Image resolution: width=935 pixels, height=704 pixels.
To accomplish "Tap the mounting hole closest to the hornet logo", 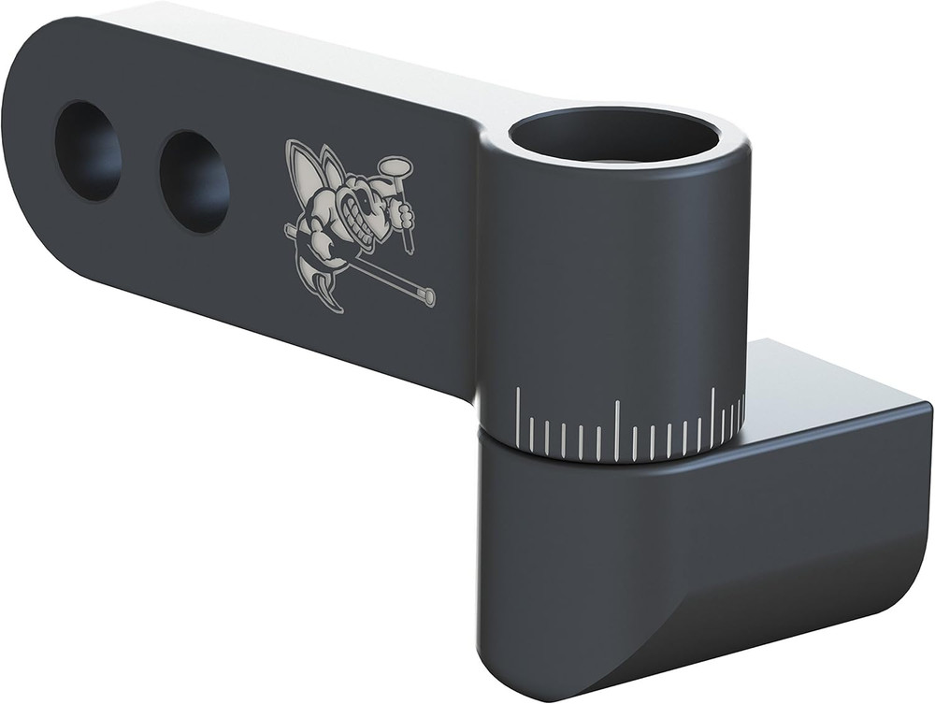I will tap(194, 180).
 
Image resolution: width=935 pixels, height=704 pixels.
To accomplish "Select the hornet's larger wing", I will tap(301, 173).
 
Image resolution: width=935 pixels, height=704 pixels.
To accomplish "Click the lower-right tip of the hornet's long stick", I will tap(429, 298).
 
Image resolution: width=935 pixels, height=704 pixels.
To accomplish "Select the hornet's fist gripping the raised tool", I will tap(403, 216).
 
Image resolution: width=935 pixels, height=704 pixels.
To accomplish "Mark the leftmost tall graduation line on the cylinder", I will tap(518, 417).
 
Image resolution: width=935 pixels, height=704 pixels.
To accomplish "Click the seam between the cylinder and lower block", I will tap(608, 460).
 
